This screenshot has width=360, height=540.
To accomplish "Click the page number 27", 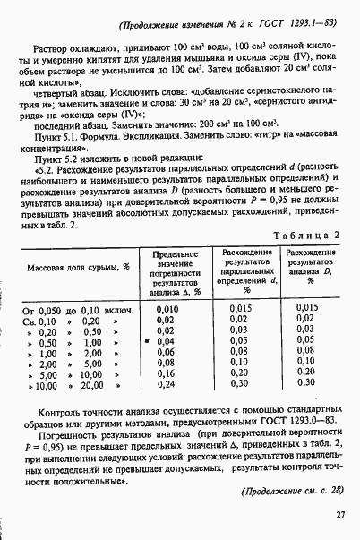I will click(x=340, y=513).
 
